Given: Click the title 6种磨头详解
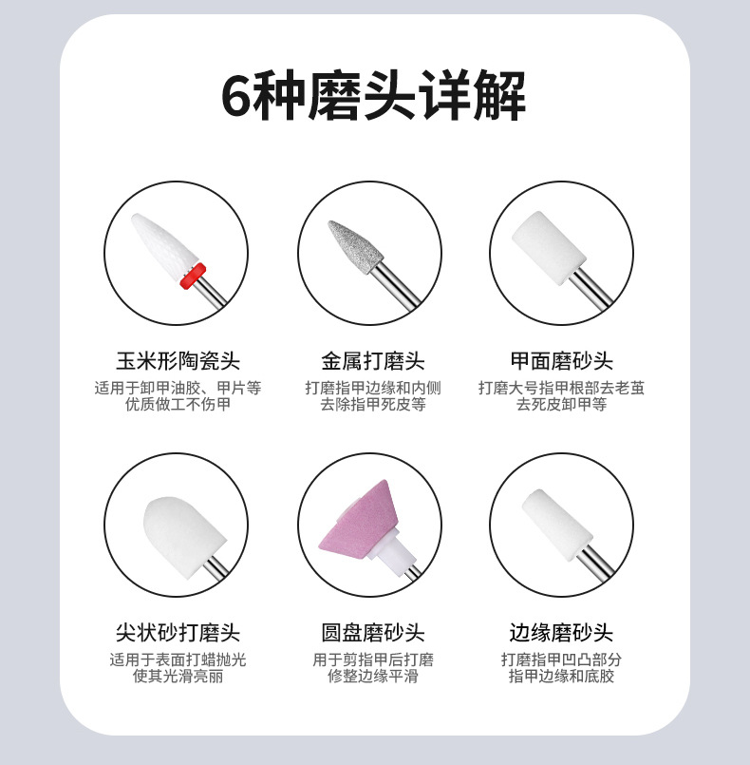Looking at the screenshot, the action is pos(374,95).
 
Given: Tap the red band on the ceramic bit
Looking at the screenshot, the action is pos(193,277).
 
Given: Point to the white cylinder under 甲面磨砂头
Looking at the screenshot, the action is pos(549,247).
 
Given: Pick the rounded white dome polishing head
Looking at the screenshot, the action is pos(185,537).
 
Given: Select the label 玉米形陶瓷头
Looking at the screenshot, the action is pos(178,361).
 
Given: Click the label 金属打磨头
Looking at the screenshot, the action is pos(373,361).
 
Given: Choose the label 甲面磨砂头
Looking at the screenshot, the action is pos(561,361).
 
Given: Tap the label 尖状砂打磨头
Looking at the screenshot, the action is pos(178,633).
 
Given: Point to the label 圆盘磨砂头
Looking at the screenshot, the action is pos(373,633).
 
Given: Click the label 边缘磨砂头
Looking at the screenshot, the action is pos(561,633).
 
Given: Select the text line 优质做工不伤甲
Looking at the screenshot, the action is pos(178,405).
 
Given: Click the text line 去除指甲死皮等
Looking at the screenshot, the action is pos(373,405).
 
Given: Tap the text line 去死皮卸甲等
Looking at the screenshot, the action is pos(561,405).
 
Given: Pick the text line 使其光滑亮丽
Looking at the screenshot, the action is pos(178,677).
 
